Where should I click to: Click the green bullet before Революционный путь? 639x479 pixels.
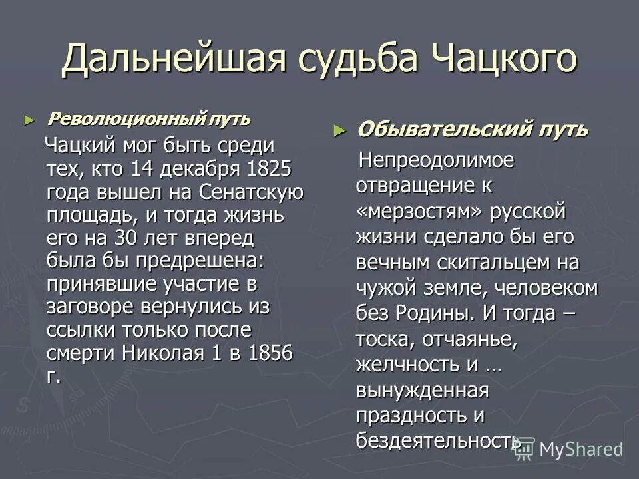(27, 120)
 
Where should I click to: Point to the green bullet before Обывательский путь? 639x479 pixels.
(340, 130)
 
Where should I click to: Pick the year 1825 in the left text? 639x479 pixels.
(269, 168)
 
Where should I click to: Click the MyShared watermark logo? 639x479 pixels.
(569, 448)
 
